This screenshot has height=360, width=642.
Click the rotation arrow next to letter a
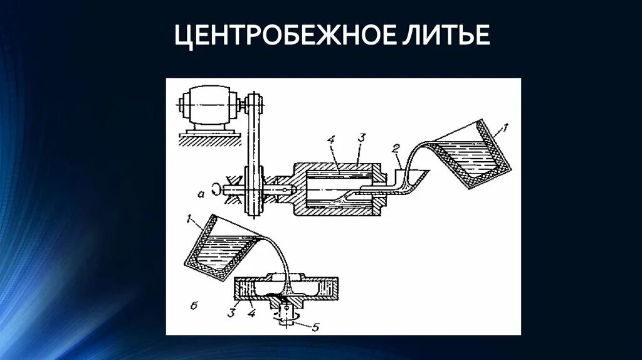click(x=216, y=188)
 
